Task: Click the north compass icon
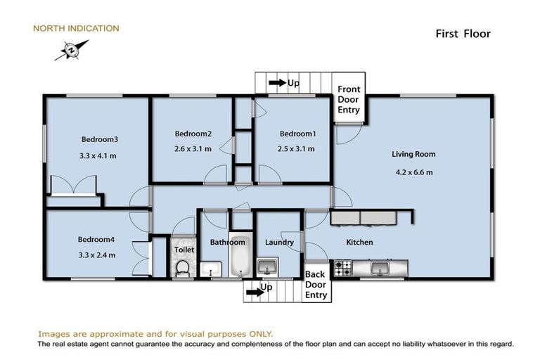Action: pos(71,51)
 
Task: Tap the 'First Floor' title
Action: pos(461,33)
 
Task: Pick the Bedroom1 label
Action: pos(297,134)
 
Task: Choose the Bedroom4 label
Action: pos(96,239)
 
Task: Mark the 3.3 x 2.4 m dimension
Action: pos(96,255)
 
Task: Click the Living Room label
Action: pos(413,154)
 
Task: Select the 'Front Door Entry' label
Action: pos(349,99)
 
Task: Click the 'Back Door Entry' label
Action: pos(316,285)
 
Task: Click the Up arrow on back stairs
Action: pos(252,288)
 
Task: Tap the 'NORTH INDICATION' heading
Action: pos(77,29)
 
